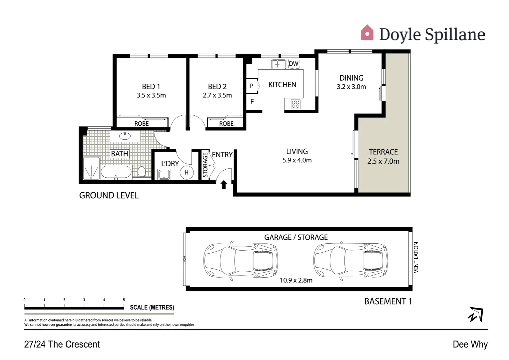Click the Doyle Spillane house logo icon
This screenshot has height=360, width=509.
pos(367,33)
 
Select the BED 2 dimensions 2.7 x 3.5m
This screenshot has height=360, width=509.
pos(217,95)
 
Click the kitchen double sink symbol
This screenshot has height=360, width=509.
pos(278,64)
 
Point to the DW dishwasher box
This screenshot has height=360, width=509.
pos(293,64)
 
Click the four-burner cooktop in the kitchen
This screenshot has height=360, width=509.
pos(295,104)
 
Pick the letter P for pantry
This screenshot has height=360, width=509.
pos(252,86)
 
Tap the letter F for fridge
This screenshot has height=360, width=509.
pos(252,102)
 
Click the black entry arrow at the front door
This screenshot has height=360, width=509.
pos(224,184)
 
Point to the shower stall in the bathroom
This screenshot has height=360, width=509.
pos(91,168)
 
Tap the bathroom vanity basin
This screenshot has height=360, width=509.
pos(125,136)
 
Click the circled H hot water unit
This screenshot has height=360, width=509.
pos(187,172)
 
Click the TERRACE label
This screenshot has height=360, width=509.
pos(383,152)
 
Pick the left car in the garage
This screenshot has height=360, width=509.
pos(241,259)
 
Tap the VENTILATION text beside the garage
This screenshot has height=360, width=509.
pos(416,257)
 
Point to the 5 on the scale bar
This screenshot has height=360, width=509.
pos(124,300)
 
